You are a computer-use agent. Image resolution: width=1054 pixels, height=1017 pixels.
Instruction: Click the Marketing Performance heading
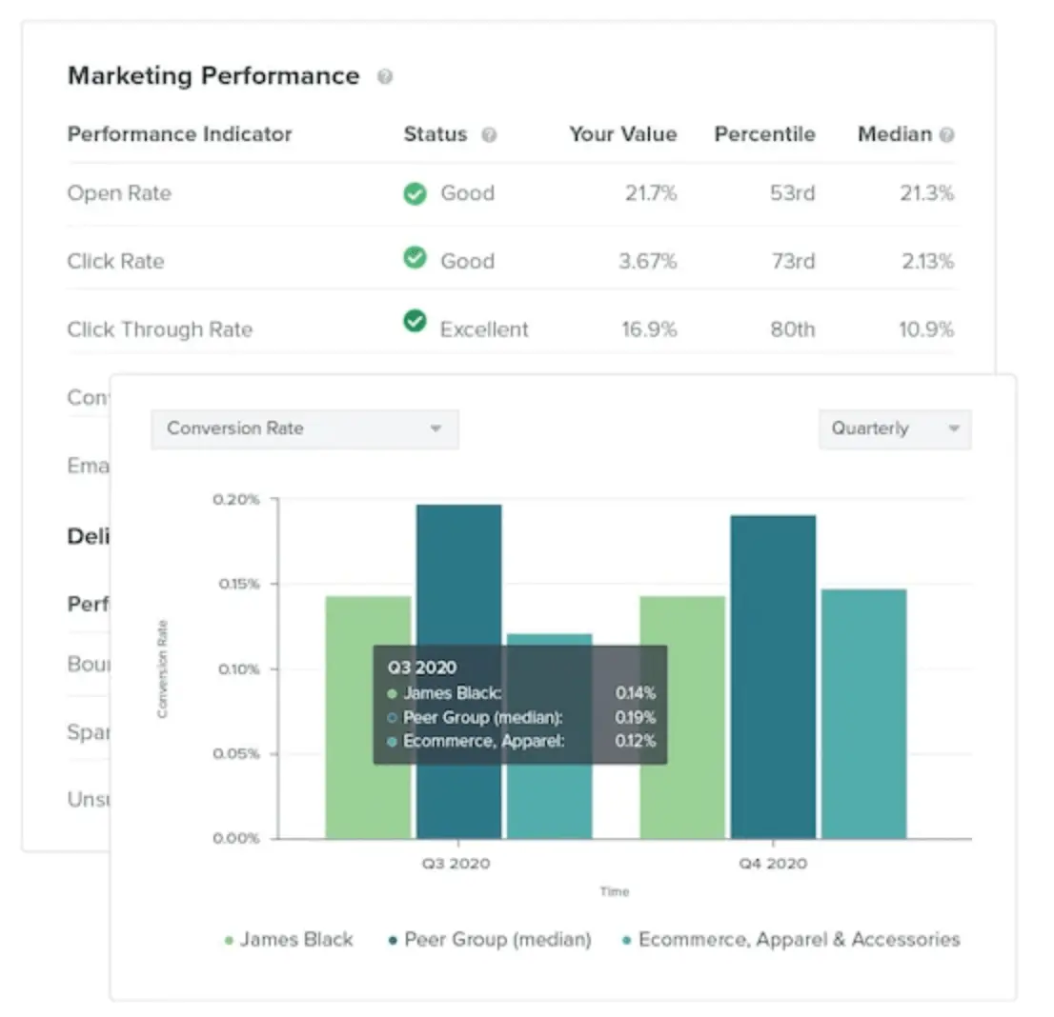[x=213, y=76]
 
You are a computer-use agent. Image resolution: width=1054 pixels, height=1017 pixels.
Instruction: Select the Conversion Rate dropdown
[x=304, y=429]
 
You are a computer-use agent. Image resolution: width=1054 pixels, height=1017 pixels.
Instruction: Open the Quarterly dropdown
[x=894, y=429]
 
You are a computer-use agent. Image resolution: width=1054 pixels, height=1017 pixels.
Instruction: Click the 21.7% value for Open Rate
[x=651, y=193]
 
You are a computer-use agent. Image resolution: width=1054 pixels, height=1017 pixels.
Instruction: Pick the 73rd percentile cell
[x=792, y=261]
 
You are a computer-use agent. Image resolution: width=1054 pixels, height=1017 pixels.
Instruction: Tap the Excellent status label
[x=483, y=329]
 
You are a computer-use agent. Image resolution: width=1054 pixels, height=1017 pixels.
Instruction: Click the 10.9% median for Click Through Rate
[x=926, y=329]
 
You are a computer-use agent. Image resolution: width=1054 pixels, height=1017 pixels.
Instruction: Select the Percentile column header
[x=764, y=134]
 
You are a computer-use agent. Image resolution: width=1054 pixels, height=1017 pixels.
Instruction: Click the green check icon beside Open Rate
[x=415, y=193]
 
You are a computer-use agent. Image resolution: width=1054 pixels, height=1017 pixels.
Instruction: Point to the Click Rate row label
[x=115, y=261]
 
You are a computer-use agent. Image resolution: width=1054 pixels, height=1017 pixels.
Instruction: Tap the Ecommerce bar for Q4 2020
[x=863, y=713]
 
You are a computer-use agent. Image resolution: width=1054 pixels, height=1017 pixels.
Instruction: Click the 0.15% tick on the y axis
[x=239, y=584]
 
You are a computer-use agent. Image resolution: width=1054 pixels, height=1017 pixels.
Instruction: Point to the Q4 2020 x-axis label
[x=772, y=864]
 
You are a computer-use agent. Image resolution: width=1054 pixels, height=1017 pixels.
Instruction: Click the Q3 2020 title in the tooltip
[x=422, y=668]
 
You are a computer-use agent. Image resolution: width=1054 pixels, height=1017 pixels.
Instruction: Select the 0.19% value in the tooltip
[x=636, y=717]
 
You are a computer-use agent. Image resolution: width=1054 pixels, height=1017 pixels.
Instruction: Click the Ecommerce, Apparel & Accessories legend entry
[x=791, y=940]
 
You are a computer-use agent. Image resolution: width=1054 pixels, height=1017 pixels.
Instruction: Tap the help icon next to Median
[x=946, y=135]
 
